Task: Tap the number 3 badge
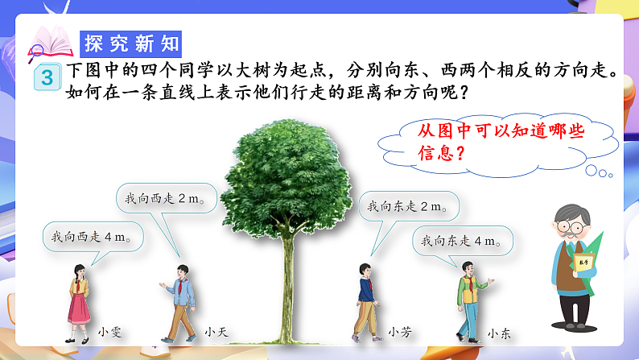point(47,78)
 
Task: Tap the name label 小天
point(214,330)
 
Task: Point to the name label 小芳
point(398,330)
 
